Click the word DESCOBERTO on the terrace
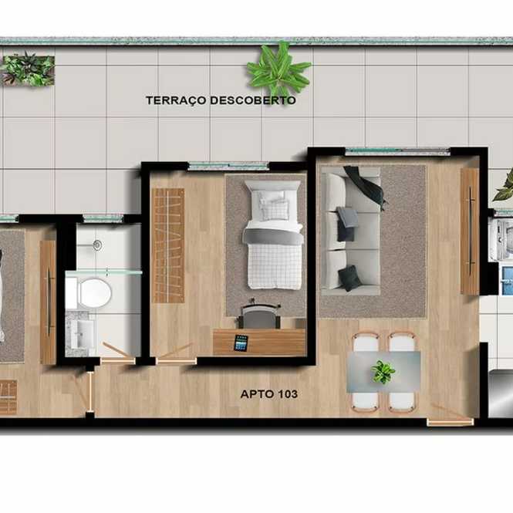[x=252, y=100]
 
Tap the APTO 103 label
[x=269, y=394]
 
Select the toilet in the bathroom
[x=89, y=293]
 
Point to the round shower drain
[x=97, y=245]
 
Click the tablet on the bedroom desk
[x=241, y=343]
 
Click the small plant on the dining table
[x=383, y=371]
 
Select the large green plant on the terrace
[x=278, y=69]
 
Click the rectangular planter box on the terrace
[x=28, y=70]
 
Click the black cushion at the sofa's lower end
[x=349, y=278]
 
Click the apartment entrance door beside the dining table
[x=451, y=417]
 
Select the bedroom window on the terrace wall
[x=229, y=166]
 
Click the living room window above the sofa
[x=398, y=151]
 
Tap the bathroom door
[x=117, y=354]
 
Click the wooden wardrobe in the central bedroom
[x=168, y=246]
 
